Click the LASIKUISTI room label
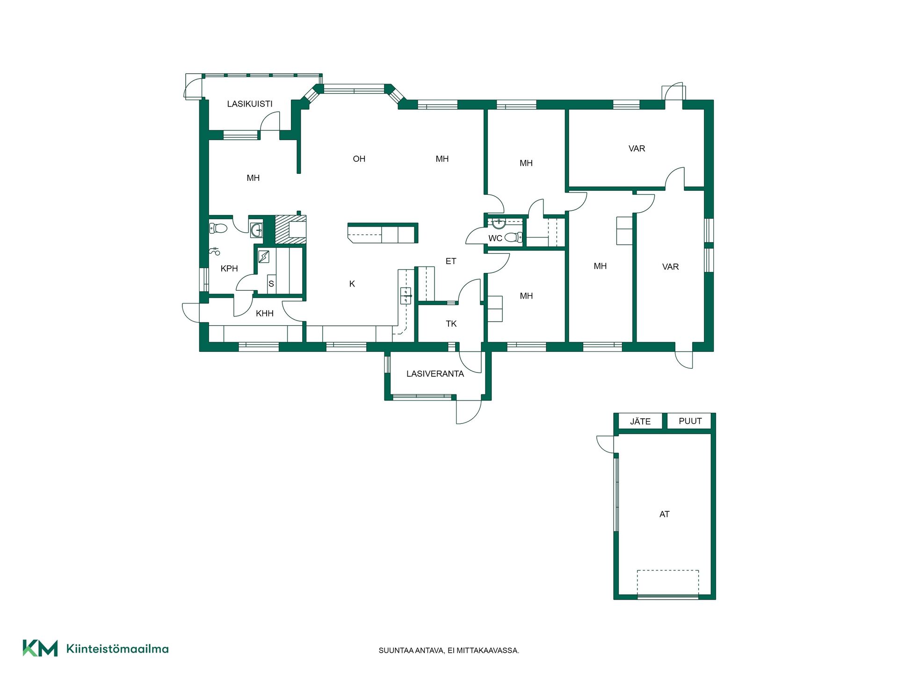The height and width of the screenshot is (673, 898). pos(250,104)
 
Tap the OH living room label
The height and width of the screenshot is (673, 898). pos(359,159)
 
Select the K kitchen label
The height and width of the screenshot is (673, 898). pos(352,284)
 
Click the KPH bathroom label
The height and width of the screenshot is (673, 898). pos(229,268)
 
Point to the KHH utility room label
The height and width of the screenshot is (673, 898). pos(265,313)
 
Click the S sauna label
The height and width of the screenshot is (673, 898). pos(271,284)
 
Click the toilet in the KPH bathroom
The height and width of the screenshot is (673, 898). pos(218,229)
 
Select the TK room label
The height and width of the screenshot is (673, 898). pos(451,323)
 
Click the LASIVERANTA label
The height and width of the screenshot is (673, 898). pos(435,374)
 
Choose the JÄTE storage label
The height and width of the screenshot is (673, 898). pos(640,421)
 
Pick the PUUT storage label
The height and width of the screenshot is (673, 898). pos(690,421)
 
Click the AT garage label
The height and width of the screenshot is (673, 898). pos(664,514)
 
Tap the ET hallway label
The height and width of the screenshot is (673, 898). pos(451,261)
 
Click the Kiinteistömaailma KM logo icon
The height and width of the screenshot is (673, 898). pos(40,648)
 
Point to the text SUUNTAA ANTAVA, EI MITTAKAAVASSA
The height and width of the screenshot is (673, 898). pos(449,650)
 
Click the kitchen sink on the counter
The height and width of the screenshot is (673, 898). pos(406,296)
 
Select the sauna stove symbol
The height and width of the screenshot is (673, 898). pos(264,256)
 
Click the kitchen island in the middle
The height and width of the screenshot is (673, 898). pos(383,233)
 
